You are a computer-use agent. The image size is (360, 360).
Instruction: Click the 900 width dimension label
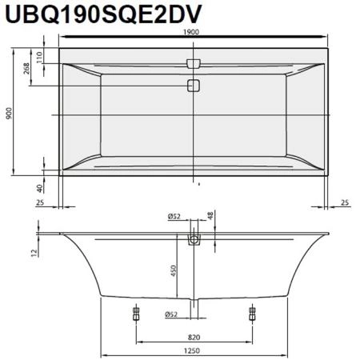pyautogui.click(x=10, y=114)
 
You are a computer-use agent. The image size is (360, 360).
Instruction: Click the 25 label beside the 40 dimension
pyautogui.click(x=38, y=203)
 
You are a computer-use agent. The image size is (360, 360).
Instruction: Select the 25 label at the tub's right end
pyautogui.click(x=343, y=203)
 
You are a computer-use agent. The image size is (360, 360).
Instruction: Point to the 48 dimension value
pyautogui.click(x=210, y=217)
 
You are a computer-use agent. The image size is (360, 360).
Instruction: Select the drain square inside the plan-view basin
pyautogui.click(x=193, y=86)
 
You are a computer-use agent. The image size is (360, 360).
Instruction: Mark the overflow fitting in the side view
pyautogui.click(x=194, y=238)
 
